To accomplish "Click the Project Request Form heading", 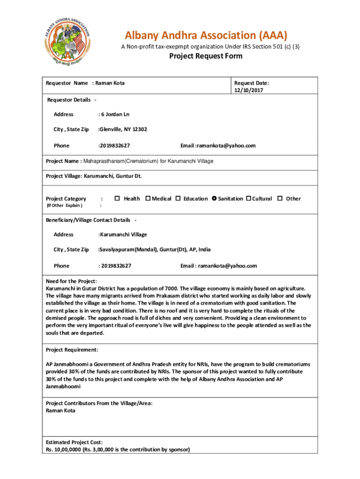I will coord(206,56).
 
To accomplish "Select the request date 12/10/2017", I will coord(249,90).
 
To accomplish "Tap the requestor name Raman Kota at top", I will coord(110,83).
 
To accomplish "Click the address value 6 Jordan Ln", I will coord(114,114).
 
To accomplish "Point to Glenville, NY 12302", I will coord(122,129).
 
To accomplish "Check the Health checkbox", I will coord(117,199).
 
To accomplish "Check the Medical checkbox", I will coord(148,199).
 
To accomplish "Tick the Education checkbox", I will coord(178,199).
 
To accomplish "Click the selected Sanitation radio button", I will coord(214,199).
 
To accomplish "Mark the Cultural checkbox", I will coord(249,199).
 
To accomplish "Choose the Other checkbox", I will coord(280,199).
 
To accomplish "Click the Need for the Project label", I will coord(72,281).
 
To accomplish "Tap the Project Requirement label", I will coord(72,350).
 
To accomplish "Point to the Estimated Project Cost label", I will coord(74,442).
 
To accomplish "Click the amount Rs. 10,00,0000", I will coord(66,450).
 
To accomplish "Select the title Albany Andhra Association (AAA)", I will coord(206,36).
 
